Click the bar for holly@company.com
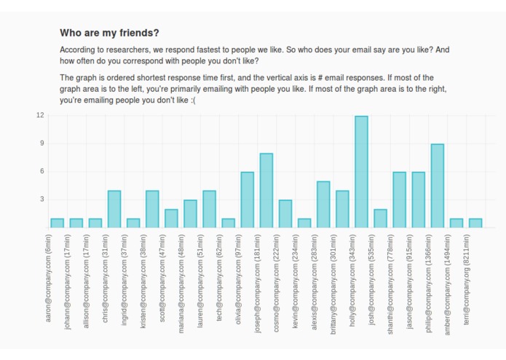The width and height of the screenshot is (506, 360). click(361, 172)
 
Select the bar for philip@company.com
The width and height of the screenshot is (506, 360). click(437, 186)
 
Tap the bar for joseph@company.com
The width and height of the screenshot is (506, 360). click(266, 190)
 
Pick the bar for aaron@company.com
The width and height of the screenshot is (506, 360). click(57, 223)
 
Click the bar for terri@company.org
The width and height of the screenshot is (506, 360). click(475, 223)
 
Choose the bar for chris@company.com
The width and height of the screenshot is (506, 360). click(114, 209)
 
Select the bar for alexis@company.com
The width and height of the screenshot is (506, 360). click(323, 204)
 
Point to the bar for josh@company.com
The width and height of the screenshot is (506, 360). click(380, 218)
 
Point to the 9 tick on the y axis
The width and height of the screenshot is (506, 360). click(41, 144)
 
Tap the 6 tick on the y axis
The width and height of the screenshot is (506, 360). click(41, 171)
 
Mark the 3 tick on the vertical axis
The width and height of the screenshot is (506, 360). click(41, 199)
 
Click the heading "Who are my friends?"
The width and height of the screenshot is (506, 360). click(109, 33)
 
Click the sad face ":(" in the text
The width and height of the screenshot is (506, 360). click(191, 100)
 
